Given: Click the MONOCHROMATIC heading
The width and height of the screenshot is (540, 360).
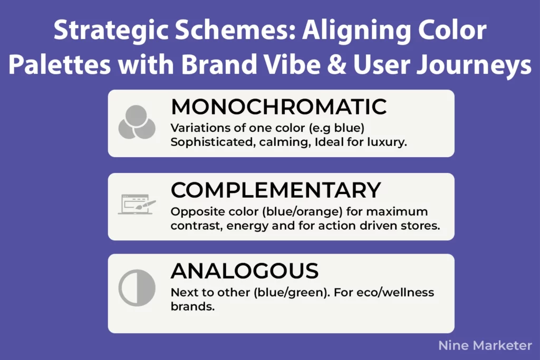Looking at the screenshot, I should pos(279,107).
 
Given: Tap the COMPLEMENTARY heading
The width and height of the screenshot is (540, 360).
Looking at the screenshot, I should pos(276,190).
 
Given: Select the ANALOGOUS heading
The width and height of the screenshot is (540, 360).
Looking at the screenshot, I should pos(245,271).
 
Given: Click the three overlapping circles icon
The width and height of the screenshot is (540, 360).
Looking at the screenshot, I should pos(137,122).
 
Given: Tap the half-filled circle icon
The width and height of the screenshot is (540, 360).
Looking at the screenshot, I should pos(137,289).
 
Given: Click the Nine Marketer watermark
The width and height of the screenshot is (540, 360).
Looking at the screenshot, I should pos(485,346).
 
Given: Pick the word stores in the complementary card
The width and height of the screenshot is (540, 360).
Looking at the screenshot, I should pos(422,226).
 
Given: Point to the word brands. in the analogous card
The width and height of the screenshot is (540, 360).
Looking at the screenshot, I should pos(192,307).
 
